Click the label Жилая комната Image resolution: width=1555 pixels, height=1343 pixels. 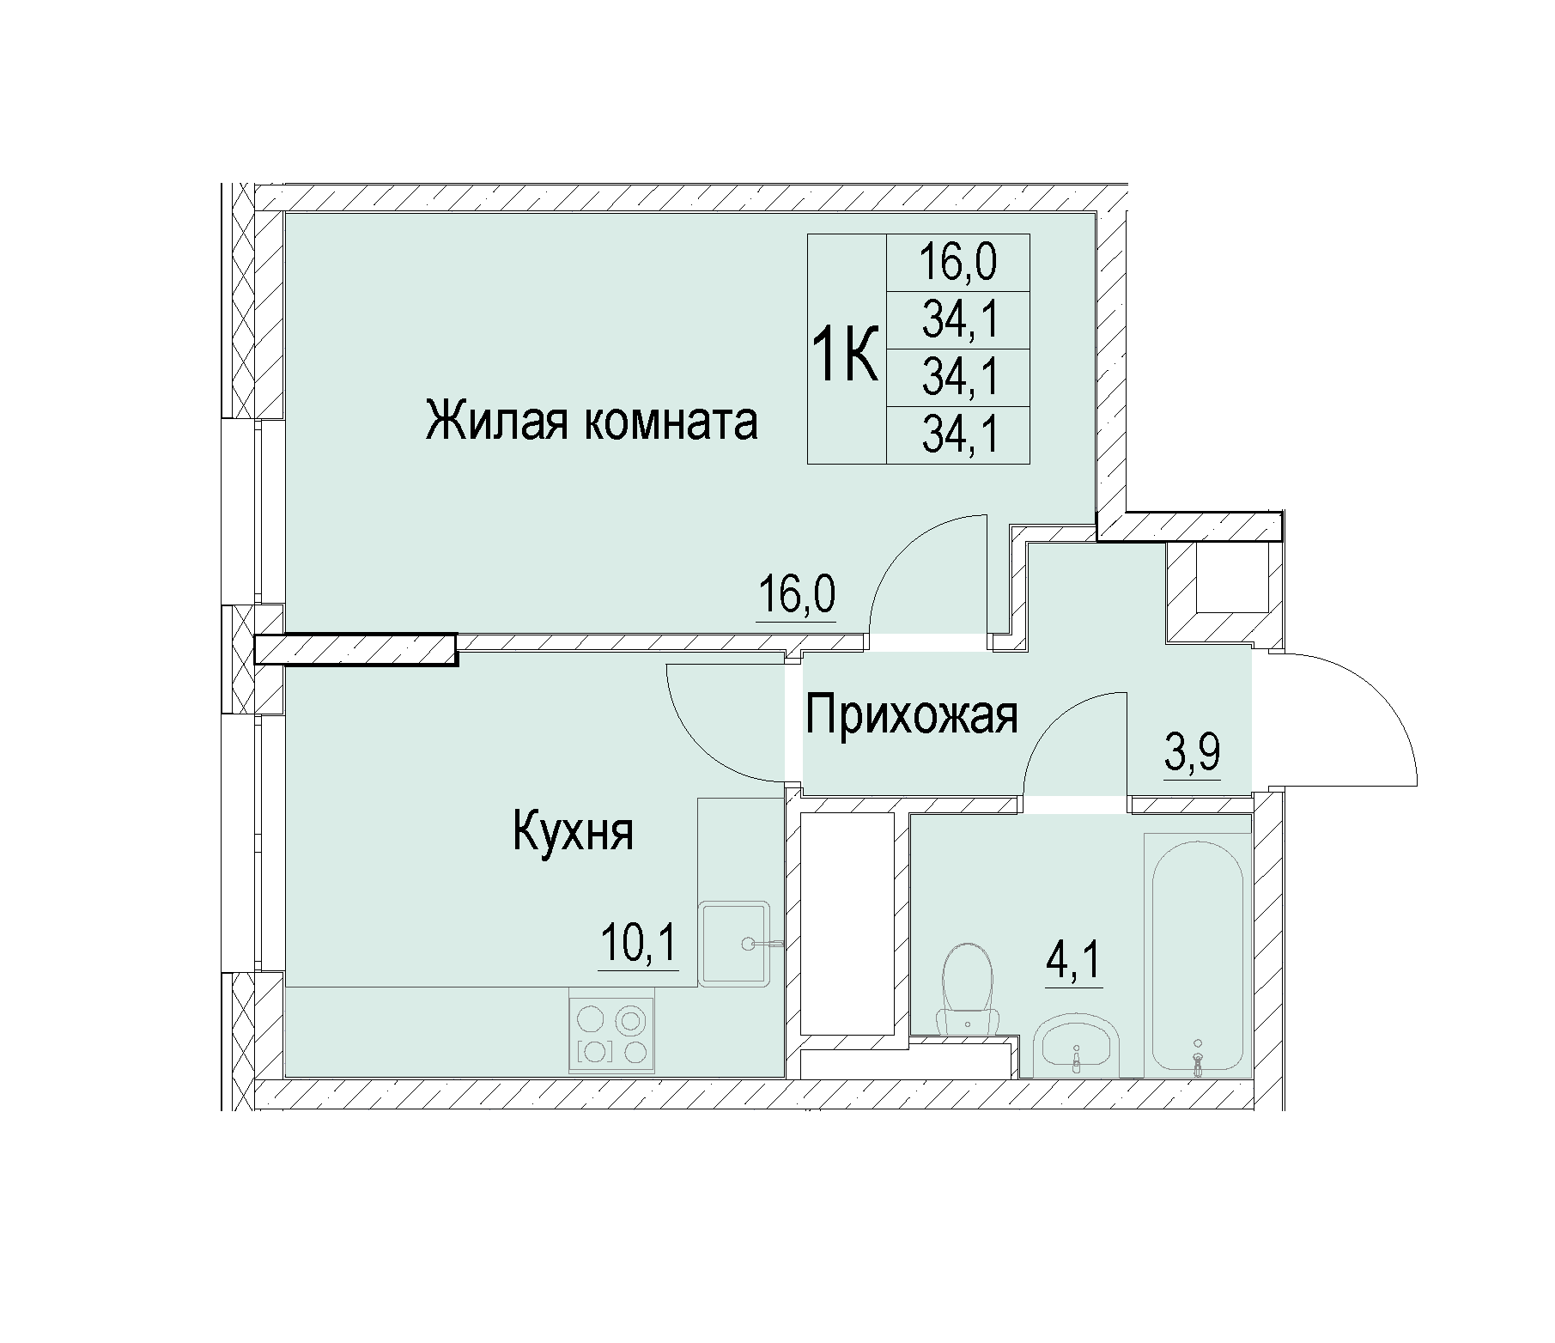click(x=592, y=423)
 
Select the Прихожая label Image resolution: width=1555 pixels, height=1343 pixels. click(x=912, y=715)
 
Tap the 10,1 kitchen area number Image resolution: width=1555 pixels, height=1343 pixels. click(x=639, y=945)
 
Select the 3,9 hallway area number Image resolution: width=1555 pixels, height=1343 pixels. click(x=1192, y=754)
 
